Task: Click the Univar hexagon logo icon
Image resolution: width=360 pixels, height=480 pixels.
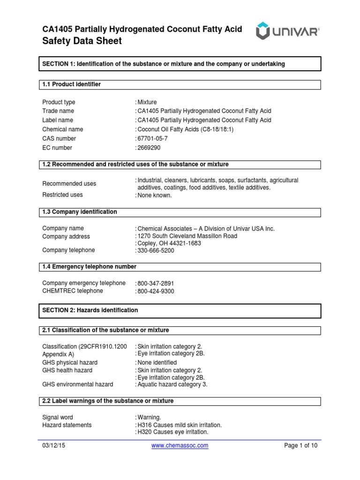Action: pyautogui.click(x=265, y=32)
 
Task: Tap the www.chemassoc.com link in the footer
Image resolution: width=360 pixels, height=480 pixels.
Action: pyautogui.click(x=180, y=446)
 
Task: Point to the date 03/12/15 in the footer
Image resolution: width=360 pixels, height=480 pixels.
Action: pyautogui.click(x=54, y=446)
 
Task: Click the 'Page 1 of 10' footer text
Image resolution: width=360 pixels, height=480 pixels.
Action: pyautogui.click(x=301, y=446)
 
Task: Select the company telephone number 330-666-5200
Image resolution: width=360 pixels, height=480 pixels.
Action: pyautogui.click(x=156, y=251)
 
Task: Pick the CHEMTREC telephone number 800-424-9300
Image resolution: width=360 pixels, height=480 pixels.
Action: pyautogui.click(x=156, y=291)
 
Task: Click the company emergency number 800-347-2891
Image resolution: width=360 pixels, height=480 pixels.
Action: pyautogui.click(x=156, y=284)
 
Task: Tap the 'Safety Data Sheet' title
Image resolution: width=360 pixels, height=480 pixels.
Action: pyautogui.click(x=82, y=41)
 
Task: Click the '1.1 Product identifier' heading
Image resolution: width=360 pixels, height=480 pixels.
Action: pyautogui.click(x=72, y=84)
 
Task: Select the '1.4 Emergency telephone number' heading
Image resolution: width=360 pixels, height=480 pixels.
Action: pyautogui.click(x=90, y=267)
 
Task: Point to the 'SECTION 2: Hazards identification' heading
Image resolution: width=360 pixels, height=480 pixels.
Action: pyautogui.click(x=90, y=310)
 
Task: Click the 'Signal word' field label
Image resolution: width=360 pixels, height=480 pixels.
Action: pyautogui.click(x=58, y=417)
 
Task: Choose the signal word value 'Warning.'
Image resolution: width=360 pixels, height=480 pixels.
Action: pyautogui.click(x=150, y=417)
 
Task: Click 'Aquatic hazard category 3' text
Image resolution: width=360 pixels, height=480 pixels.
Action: pyautogui.click(x=172, y=384)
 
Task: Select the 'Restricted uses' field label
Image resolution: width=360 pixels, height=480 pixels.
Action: pyautogui.click(x=62, y=195)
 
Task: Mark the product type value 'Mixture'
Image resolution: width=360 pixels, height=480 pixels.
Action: pyautogui.click(x=148, y=102)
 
